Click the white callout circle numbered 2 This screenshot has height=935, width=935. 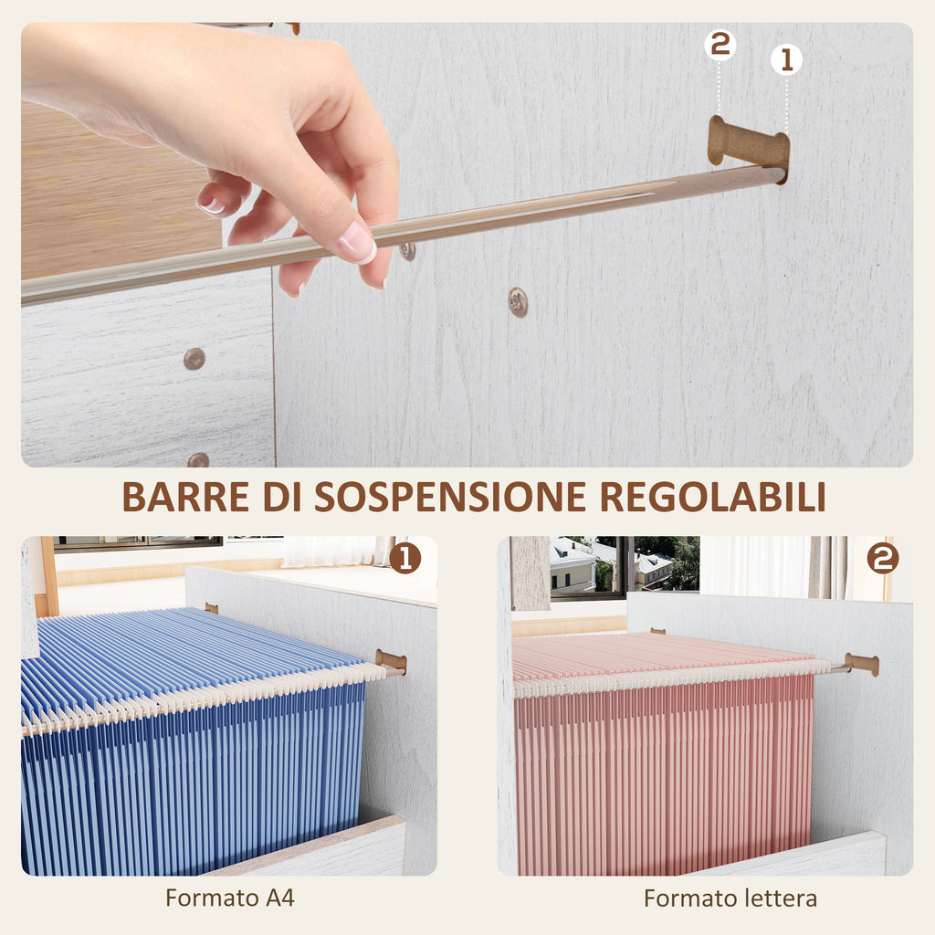pos(720,44)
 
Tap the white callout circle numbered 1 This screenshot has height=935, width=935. pos(786,60)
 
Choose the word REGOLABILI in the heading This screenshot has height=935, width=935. pos(712,497)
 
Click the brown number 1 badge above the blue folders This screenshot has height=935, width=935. pos(404,557)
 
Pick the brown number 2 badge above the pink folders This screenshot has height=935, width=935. pos(882,558)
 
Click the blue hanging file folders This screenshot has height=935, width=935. pos(192,749)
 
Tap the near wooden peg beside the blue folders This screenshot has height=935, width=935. pos(391,661)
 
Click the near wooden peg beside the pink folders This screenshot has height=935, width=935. pos(862,664)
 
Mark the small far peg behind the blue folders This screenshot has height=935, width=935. pos(211,607)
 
